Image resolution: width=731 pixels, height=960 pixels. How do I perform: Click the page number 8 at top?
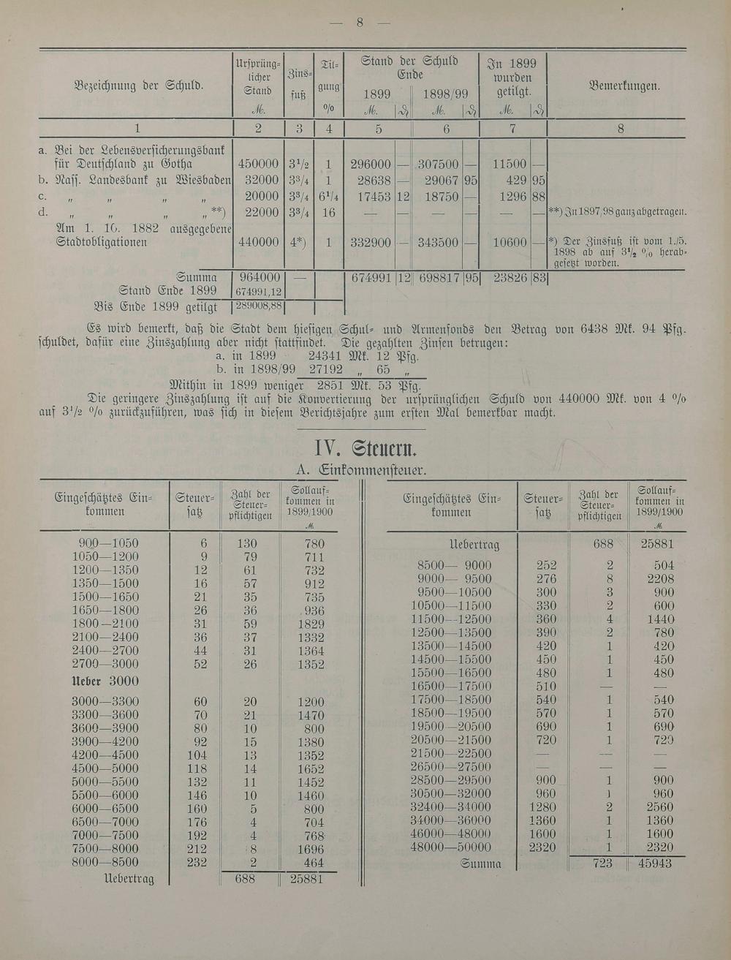click(360, 22)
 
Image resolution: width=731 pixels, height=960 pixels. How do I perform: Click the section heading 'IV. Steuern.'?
click(365, 447)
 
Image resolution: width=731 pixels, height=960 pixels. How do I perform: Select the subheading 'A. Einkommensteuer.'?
click(361, 469)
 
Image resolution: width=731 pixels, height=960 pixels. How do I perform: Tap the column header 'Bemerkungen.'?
click(624, 86)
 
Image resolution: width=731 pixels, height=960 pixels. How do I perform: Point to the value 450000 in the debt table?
click(257, 165)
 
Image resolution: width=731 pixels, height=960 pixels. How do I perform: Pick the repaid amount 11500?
click(509, 165)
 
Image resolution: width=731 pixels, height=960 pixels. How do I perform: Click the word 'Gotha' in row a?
click(176, 165)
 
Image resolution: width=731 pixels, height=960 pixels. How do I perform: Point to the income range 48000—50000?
click(450, 847)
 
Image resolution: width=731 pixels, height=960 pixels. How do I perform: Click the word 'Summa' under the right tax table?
click(480, 863)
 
